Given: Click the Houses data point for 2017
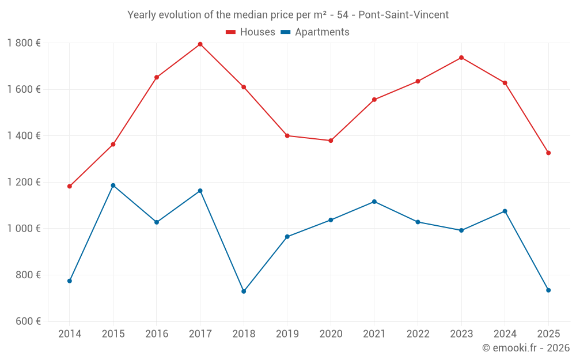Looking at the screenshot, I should tap(200, 44).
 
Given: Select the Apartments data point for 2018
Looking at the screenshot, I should tap(244, 291).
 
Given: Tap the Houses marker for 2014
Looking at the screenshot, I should tap(70, 186).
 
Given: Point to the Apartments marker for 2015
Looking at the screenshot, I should tap(113, 185).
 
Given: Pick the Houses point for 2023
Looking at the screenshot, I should tap(461, 58).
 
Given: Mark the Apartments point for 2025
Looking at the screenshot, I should tap(548, 290).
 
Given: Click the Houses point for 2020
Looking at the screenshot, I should tap(331, 141).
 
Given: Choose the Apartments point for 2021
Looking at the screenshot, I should tap(374, 202).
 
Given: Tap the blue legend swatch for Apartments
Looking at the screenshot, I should tap(286, 32).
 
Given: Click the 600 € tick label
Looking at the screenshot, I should tap(27, 321).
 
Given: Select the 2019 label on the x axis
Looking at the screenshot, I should tap(287, 334).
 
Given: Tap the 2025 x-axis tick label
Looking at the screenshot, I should tap(548, 334).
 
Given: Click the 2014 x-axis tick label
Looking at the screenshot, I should tap(70, 334).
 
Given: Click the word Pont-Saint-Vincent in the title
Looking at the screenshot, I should tap(403, 15).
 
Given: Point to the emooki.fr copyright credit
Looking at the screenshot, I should tap(525, 348).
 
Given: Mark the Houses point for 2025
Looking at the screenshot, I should tap(548, 153).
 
